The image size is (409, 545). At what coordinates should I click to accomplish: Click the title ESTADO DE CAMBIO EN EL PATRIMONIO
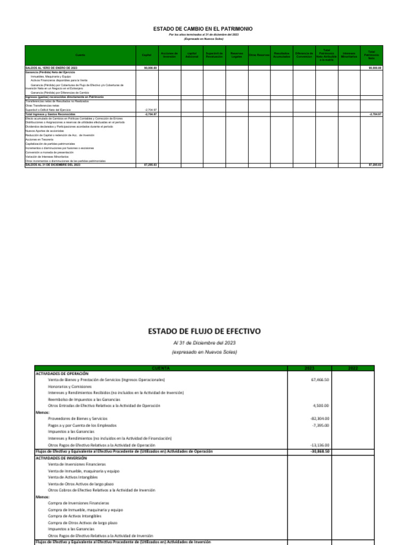click(202, 29)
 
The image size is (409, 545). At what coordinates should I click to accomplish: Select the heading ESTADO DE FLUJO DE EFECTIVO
click(204, 331)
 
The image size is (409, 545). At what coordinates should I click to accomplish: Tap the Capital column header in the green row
click(146, 55)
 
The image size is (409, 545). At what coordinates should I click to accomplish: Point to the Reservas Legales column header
click(236, 55)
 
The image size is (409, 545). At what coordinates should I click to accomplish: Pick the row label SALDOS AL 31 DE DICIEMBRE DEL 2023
click(53, 166)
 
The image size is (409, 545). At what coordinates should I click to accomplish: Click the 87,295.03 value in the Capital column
click(151, 166)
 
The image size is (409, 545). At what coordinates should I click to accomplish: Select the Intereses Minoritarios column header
click(349, 55)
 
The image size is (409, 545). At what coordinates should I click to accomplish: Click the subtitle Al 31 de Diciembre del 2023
click(204, 343)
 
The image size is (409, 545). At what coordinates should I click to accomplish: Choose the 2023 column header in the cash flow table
click(309, 368)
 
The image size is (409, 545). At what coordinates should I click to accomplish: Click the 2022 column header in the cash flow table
click(353, 368)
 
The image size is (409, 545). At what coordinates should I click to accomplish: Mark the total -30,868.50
click(317, 451)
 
